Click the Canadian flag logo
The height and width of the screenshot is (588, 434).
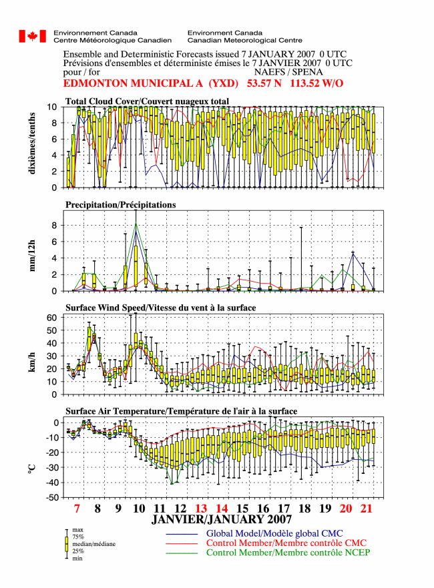coord(33,37)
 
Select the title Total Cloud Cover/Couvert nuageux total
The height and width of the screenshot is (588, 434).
coord(147,101)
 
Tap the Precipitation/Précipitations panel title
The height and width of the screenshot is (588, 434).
coord(121,205)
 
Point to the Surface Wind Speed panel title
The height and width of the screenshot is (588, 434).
coord(160,308)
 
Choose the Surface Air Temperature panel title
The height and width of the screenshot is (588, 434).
coord(181,411)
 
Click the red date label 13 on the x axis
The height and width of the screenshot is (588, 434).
coord(201,509)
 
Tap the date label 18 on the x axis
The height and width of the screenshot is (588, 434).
coord(304,509)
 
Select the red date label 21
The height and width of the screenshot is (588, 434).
coord(366,509)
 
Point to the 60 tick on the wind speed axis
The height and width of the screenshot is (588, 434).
coord(52,318)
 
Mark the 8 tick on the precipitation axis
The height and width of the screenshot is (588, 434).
coord(54,226)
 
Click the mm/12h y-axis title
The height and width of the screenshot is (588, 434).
coord(32,256)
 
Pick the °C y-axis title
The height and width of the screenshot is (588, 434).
coord(32,469)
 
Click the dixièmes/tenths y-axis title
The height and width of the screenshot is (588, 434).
coord(32,143)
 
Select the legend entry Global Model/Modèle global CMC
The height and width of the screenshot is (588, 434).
coord(274,533)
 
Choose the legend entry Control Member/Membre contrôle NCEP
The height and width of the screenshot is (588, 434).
coord(288,553)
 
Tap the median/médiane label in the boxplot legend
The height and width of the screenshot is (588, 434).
coord(93,544)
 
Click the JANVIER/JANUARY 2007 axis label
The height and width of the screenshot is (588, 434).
coord(221,519)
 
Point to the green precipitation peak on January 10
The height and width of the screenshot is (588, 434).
coord(136,224)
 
